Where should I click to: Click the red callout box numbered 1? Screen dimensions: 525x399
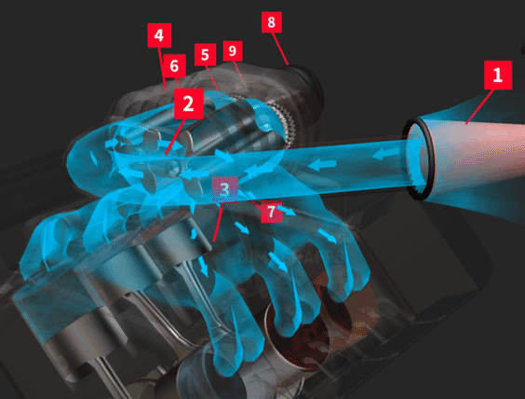tap(498, 76)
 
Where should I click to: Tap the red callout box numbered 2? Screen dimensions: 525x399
tap(189, 103)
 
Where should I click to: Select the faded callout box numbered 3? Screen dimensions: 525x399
tap(225, 189)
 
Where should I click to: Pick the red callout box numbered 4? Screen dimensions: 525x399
tap(159, 35)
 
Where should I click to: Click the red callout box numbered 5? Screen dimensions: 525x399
tap(205, 54)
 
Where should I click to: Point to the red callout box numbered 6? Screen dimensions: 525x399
tap(174, 66)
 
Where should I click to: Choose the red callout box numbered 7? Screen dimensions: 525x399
tap(272, 212)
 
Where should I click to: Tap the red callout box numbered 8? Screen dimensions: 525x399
tap(271, 22)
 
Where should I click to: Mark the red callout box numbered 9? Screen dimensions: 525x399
tap(233, 51)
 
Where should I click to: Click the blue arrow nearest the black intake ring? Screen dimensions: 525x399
tap(385, 154)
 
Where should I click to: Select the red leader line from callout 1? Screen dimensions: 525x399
tap(479, 106)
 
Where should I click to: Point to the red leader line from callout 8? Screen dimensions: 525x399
tap(280, 48)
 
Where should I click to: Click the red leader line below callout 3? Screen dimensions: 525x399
tap(219, 222)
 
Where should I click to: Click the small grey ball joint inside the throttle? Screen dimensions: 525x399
tap(174, 169)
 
